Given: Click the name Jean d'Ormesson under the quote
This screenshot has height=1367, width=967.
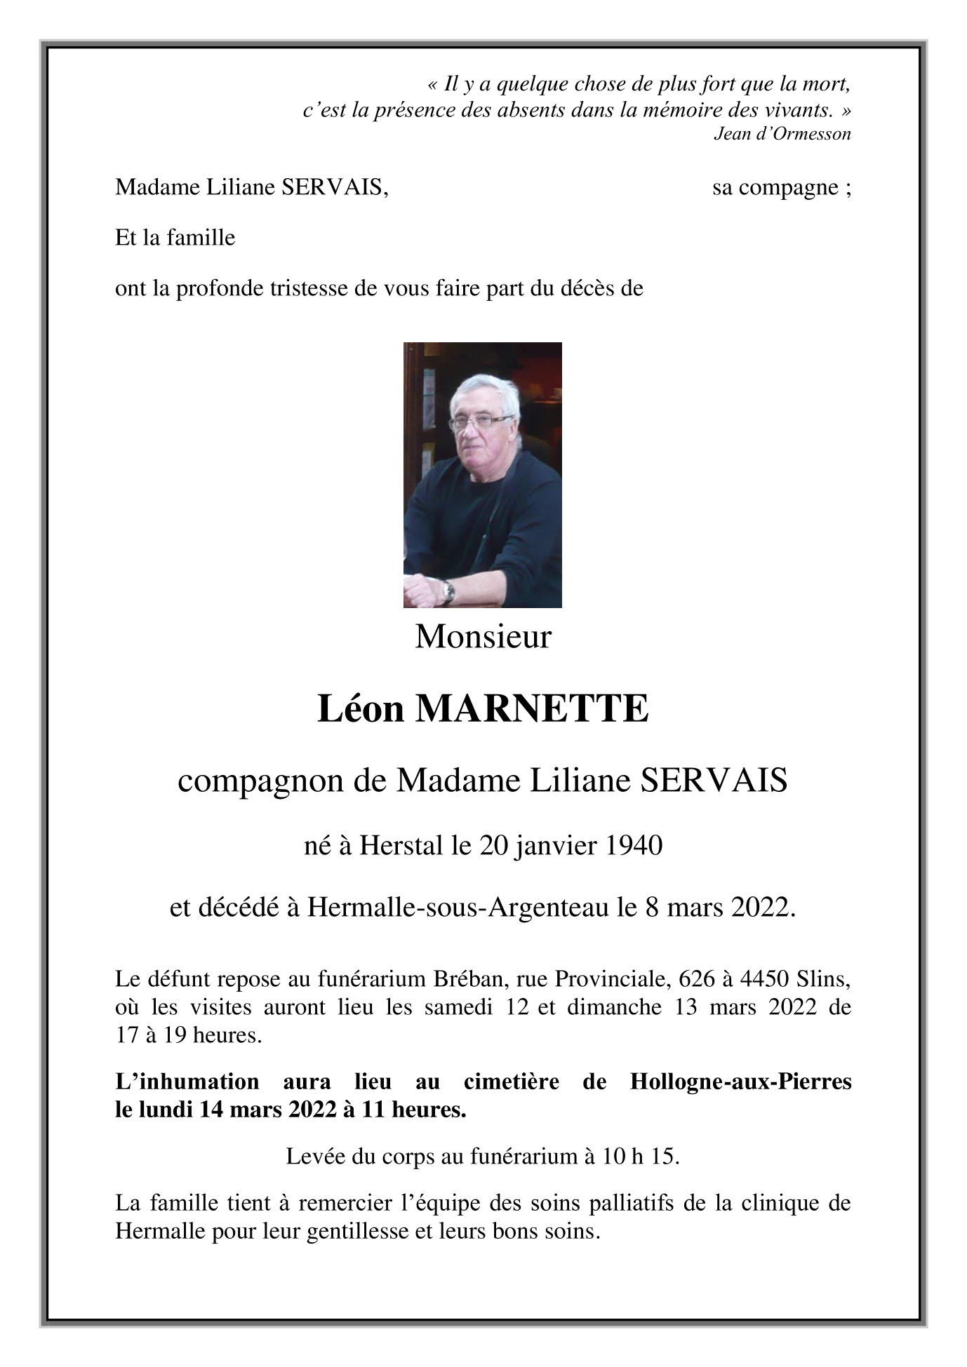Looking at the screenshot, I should click(782, 134).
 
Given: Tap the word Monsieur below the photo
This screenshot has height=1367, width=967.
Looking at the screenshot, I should click(483, 637).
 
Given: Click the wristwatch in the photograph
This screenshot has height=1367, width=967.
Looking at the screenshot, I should click(448, 593).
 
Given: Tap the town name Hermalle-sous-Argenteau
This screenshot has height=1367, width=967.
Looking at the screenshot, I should click(459, 908).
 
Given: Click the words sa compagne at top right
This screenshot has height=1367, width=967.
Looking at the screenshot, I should click(774, 188).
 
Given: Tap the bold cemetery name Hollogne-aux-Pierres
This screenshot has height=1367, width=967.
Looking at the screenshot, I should click(740, 1082).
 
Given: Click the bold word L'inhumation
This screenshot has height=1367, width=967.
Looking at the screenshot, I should click(187, 1082).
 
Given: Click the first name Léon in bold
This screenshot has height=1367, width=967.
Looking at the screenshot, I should click(361, 709).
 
